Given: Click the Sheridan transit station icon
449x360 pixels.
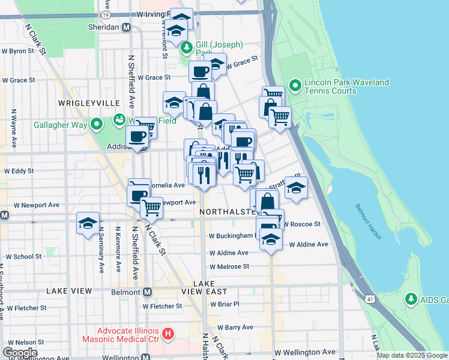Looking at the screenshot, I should coord(126,28).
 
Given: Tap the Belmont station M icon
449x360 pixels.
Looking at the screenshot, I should coord(147,292).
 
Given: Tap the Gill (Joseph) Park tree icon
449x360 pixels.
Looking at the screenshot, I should coord(187,47).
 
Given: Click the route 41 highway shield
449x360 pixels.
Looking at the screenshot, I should coord(367,297).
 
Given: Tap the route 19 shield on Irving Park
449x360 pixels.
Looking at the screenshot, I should coord(106,14).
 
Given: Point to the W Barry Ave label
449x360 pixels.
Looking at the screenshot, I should coord(235,328).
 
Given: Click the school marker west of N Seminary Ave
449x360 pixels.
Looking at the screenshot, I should coord(88,224).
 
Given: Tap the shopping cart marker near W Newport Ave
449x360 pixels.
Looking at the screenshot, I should coord(152,208).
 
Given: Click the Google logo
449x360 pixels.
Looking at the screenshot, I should coord(20,353).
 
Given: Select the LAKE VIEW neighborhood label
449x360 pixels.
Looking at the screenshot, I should coord(69,291).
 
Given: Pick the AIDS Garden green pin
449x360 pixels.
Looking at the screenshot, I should coord(411,298).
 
